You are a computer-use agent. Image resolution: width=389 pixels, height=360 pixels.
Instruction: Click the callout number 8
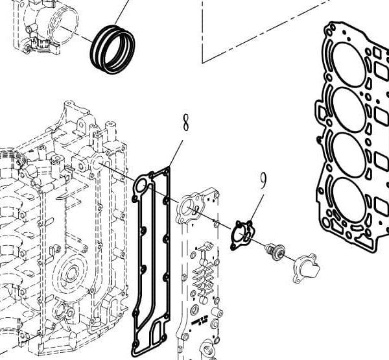pyautogui.click(x=186, y=121)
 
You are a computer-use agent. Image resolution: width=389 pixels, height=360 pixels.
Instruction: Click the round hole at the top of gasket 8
pyautogui.click(x=139, y=186)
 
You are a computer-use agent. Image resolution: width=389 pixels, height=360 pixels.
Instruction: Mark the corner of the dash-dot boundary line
pyautogui.click(x=203, y=62)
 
